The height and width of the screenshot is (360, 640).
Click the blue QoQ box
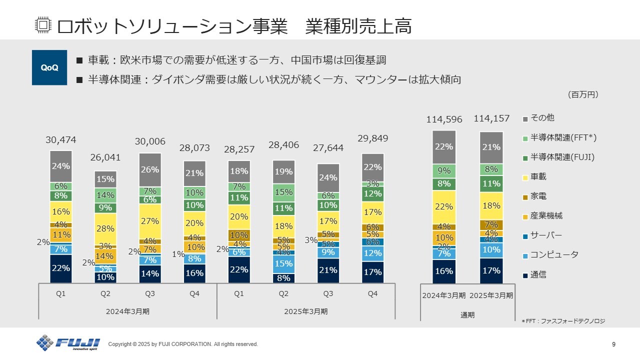49,67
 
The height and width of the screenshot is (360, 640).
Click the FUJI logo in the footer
68,343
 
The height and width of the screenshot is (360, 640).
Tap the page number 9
613,344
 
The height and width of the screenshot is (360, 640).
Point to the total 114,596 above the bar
444,119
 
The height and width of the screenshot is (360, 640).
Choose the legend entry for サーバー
546,235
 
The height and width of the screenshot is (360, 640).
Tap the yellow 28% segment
105,228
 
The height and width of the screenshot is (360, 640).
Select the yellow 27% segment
150,221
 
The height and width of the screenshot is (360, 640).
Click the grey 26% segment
150,170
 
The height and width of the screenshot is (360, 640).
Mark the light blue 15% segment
283,263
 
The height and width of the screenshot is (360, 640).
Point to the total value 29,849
372,138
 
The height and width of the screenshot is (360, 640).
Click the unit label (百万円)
583,94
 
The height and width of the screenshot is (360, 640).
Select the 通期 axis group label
467,315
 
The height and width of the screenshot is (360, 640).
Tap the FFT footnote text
563,321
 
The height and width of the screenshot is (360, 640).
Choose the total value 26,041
105,157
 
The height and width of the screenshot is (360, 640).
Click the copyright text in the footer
183,344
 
